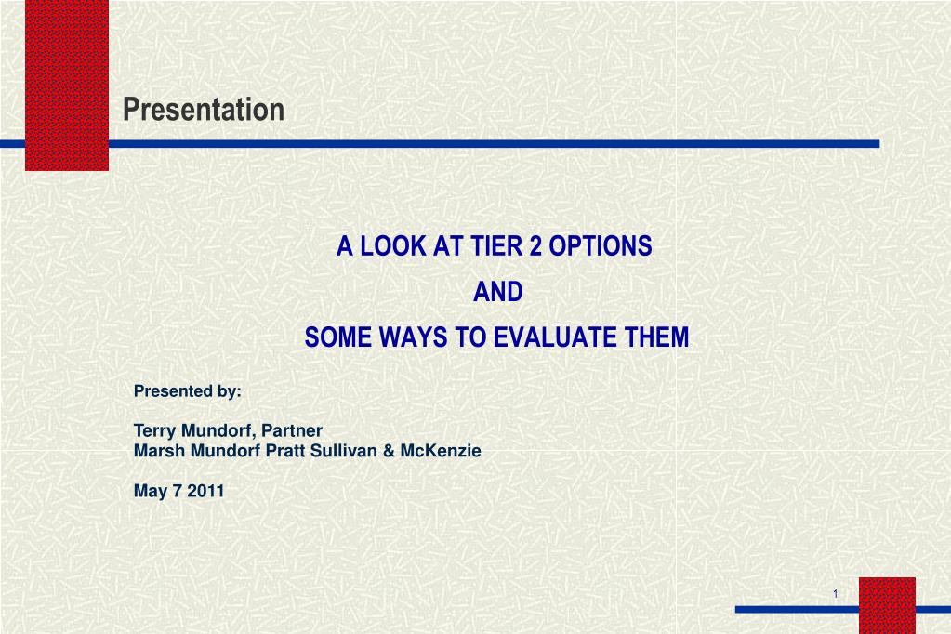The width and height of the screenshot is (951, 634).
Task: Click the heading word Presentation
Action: click(204, 110)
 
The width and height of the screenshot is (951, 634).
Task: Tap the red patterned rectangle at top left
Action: click(66, 86)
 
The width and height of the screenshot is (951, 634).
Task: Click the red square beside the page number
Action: click(887, 605)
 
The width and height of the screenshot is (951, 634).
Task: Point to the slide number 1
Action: click(835, 594)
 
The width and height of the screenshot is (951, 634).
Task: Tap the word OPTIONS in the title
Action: click(601, 246)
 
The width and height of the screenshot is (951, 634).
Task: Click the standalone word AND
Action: click(498, 292)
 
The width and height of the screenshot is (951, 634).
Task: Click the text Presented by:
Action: click(188, 391)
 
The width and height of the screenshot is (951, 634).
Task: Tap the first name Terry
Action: click(154, 430)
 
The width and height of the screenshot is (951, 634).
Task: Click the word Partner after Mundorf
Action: click(293, 430)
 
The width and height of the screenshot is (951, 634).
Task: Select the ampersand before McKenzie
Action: click(389, 451)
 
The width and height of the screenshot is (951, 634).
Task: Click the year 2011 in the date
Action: click(205, 492)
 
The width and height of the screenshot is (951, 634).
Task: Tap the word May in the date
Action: click(149, 492)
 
